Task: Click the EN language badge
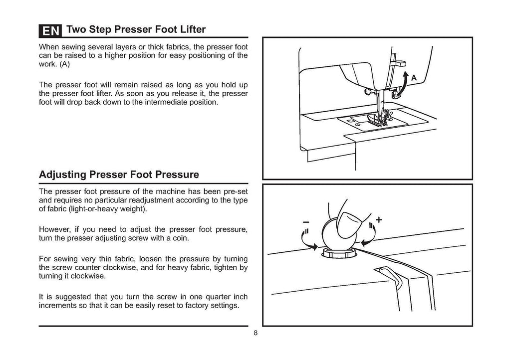[x=50, y=31]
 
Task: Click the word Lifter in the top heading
[x=189, y=29]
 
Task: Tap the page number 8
[x=255, y=334]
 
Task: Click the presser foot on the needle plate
[x=377, y=118]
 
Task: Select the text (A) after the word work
[x=65, y=65]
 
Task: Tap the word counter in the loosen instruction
[x=97, y=267]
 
